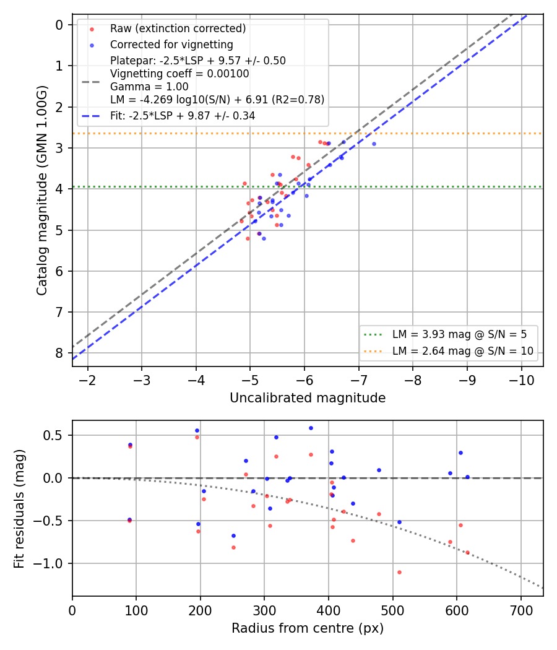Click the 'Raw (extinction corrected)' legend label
(x=178, y=28)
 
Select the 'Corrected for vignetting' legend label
(x=171, y=45)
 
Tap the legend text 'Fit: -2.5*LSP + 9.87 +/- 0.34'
(x=183, y=116)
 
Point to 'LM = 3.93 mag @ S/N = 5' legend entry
(x=459, y=334)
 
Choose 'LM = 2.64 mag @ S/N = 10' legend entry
(x=463, y=351)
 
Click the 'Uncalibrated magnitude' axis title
(x=308, y=398)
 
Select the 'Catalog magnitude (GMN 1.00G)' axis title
(x=41, y=190)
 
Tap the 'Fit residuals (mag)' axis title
(x=19, y=509)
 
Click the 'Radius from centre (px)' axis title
(x=308, y=628)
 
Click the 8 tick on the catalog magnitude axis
(x=59, y=353)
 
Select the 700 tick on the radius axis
(x=521, y=610)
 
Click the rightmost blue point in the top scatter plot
(x=374, y=144)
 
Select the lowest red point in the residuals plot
(x=400, y=573)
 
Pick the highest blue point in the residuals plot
(x=311, y=428)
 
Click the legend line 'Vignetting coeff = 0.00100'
(x=179, y=74)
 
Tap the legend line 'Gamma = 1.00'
(x=149, y=87)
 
